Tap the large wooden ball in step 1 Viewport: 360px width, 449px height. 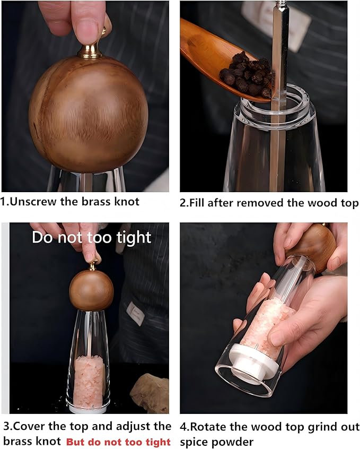coord(88,115)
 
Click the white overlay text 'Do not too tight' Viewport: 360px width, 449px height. coord(91,237)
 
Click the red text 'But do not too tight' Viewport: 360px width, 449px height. coord(118,442)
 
